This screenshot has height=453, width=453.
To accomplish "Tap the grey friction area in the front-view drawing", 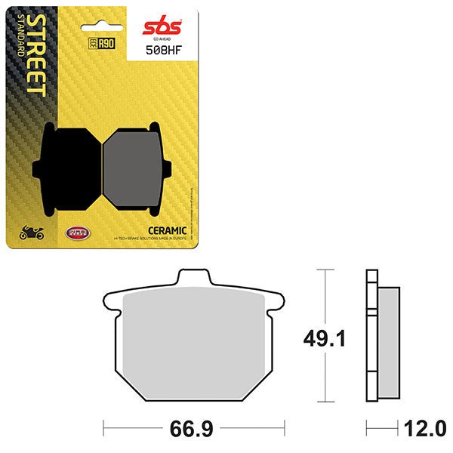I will click(x=193, y=344).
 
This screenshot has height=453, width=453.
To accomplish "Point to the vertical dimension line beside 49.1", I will click(x=325, y=336).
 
